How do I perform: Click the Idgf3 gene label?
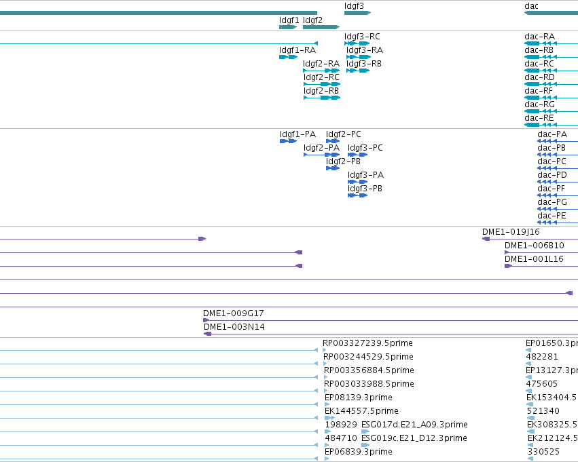(x=354, y=6)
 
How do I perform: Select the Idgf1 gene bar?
(x=288, y=27)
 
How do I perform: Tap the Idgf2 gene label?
(x=312, y=20)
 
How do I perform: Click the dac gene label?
(x=531, y=6)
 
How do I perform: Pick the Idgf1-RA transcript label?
(x=297, y=50)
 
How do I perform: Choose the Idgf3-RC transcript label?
(x=362, y=37)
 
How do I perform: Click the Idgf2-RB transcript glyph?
(x=322, y=98)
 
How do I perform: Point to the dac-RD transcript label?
(x=539, y=77)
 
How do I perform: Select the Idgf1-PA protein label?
(x=297, y=134)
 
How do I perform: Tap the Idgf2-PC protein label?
(x=343, y=134)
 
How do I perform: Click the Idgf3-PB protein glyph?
(x=357, y=195)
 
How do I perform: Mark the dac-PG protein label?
(x=552, y=202)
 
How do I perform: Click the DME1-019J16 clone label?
(x=511, y=232)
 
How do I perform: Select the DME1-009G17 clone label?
(x=234, y=313)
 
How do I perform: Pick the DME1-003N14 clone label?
(x=234, y=327)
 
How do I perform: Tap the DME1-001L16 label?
(x=534, y=259)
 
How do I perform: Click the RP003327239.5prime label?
(x=367, y=343)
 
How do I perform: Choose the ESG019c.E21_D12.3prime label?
(x=414, y=438)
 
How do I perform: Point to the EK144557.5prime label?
(x=361, y=411)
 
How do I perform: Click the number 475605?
(x=541, y=383)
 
